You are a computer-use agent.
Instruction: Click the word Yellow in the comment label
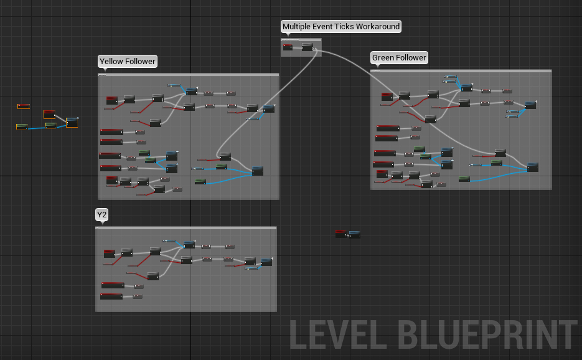click(x=111, y=61)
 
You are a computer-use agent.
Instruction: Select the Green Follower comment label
click(x=399, y=58)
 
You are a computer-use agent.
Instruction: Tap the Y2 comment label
click(x=101, y=215)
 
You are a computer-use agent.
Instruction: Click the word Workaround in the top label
click(x=377, y=26)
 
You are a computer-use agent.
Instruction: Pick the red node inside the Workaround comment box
click(x=288, y=46)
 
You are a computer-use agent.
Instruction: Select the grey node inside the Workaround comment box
click(x=307, y=47)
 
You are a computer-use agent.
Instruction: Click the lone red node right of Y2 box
click(x=341, y=234)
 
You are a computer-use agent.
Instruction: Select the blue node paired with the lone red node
click(x=354, y=234)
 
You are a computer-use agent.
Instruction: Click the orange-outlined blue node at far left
click(x=72, y=122)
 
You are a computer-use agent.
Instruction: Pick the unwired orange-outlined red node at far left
click(x=24, y=107)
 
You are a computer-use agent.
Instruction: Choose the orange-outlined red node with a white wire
click(x=49, y=115)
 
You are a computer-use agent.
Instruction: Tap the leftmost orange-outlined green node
click(x=22, y=127)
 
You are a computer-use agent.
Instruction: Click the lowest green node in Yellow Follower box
click(x=200, y=181)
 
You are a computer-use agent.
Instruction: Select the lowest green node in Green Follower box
click(x=464, y=179)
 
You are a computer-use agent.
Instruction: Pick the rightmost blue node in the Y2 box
click(x=266, y=262)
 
